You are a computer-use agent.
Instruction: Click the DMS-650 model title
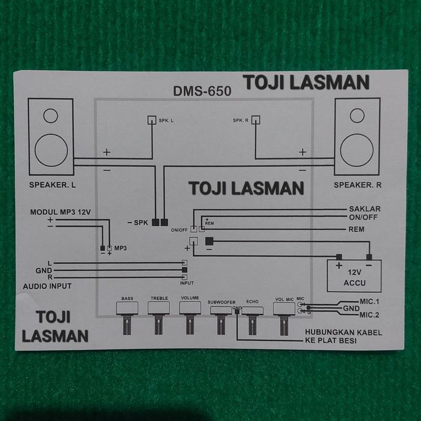coord(201,91)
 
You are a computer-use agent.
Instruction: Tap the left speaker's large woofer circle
coord(51,150)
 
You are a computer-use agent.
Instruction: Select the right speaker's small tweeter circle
coord(357,115)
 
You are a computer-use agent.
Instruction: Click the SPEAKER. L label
coord(52,185)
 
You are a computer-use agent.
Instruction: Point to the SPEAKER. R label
coord(358,185)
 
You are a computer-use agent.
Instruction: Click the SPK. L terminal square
coord(152,119)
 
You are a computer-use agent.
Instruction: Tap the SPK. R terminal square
coord(256,119)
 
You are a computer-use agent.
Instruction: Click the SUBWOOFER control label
coord(221,302)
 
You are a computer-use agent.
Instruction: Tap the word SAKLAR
coord(364,209)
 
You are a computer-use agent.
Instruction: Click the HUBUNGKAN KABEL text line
coord(343,333)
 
